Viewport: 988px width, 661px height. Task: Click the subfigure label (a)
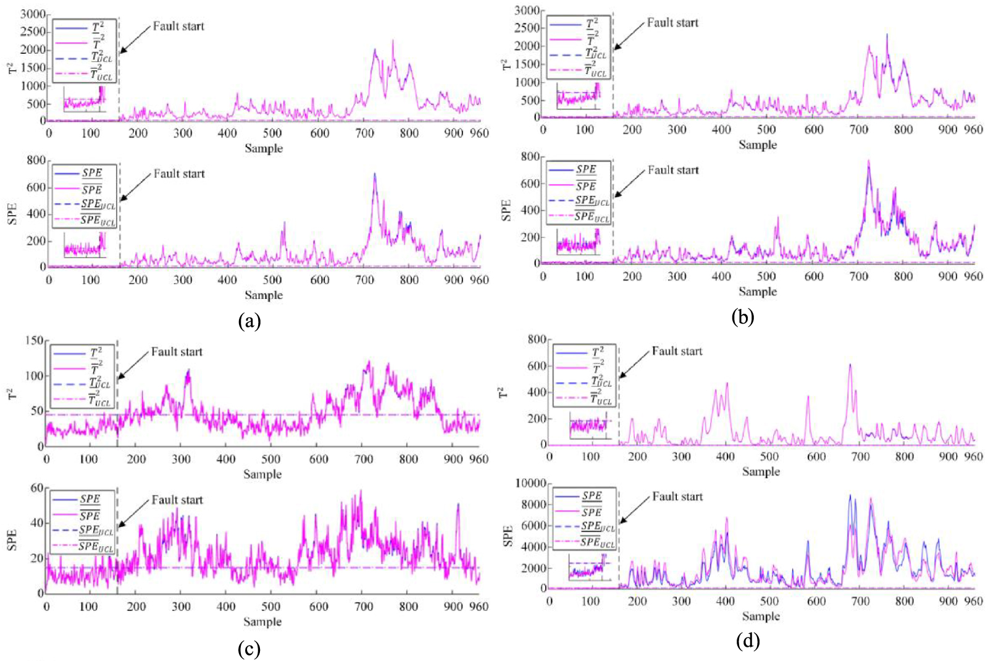249,321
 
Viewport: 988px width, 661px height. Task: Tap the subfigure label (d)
748,641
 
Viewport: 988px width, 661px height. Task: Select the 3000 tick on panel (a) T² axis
32,14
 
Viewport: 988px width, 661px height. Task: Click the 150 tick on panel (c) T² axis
35,340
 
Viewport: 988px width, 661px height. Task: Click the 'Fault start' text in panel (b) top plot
672,23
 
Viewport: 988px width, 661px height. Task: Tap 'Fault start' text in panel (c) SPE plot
177,500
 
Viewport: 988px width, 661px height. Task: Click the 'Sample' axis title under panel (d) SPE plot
761,616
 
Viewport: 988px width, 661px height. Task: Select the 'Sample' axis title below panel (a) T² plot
264,148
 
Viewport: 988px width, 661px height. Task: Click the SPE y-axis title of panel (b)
506,210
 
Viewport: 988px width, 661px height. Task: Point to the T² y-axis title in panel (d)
504,392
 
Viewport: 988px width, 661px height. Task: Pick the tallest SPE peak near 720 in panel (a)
374,175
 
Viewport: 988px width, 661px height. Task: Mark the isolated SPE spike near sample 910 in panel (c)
458,505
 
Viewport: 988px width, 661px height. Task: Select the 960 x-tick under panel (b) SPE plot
973,276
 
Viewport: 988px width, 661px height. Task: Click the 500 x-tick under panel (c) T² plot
270,459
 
